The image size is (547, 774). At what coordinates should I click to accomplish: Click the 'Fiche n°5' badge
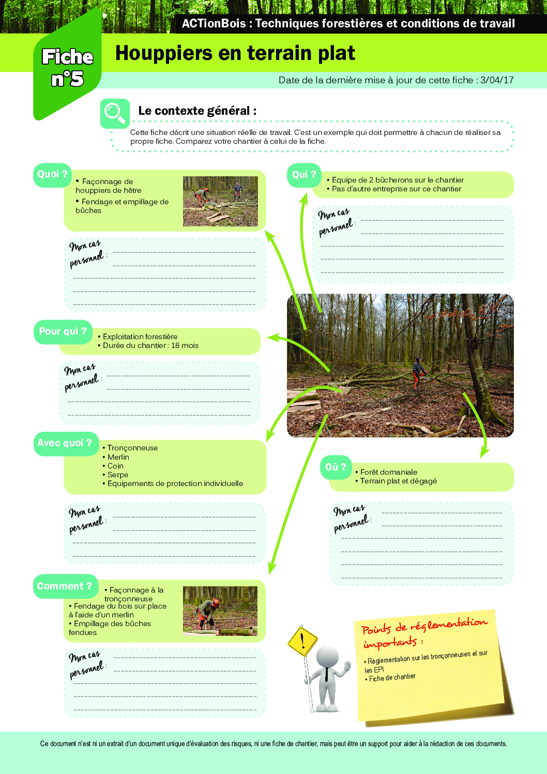tap(67, 68)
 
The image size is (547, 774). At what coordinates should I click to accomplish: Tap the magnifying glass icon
tap(114, 113)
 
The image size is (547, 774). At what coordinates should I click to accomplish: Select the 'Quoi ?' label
tap(52, 175)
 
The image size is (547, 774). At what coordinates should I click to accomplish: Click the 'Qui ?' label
tap(304, 175)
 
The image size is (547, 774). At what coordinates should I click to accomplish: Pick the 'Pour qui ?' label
tap(63, 331)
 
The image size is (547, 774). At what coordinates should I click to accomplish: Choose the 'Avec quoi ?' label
tap(65, 443)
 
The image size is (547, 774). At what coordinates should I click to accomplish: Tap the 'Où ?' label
tap(336, 467)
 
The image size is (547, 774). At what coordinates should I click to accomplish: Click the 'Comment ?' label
tap(65, 586)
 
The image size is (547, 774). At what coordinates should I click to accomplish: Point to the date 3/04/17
tap(497, 80)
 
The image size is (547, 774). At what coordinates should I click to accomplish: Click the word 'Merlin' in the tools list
tap(118, 457)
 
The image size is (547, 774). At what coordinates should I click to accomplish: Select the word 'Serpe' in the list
tap(118, 475)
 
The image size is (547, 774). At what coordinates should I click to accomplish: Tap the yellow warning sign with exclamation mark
tap(302, 642)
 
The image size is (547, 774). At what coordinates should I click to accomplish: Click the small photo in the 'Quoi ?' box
tap(220, 201)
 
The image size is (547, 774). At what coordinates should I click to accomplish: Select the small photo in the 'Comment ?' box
tap(220, 611)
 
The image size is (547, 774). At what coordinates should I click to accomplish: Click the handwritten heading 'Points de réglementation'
tap(424, 626)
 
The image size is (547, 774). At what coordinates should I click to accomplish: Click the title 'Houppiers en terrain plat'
tap(235, 53)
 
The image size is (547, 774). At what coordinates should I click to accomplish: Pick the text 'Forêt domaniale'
tap(388, 472)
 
